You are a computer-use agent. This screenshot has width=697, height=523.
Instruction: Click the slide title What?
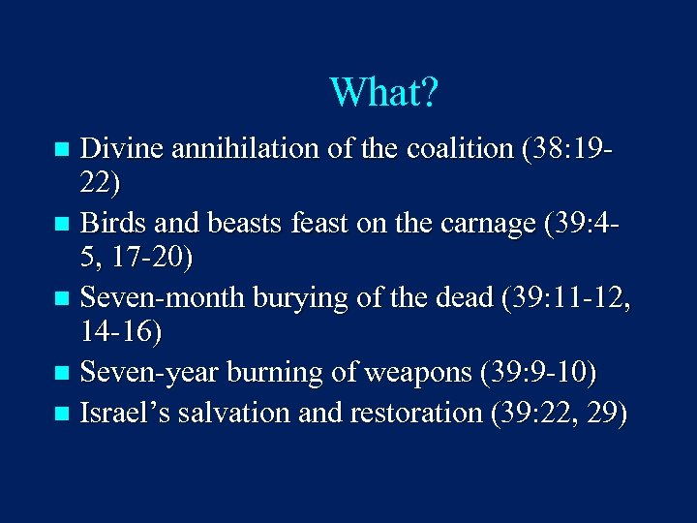coord(384,93)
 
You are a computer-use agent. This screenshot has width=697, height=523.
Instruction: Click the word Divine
coord(122,149)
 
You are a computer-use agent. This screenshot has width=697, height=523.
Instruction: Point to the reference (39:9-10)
coord(532,373)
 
